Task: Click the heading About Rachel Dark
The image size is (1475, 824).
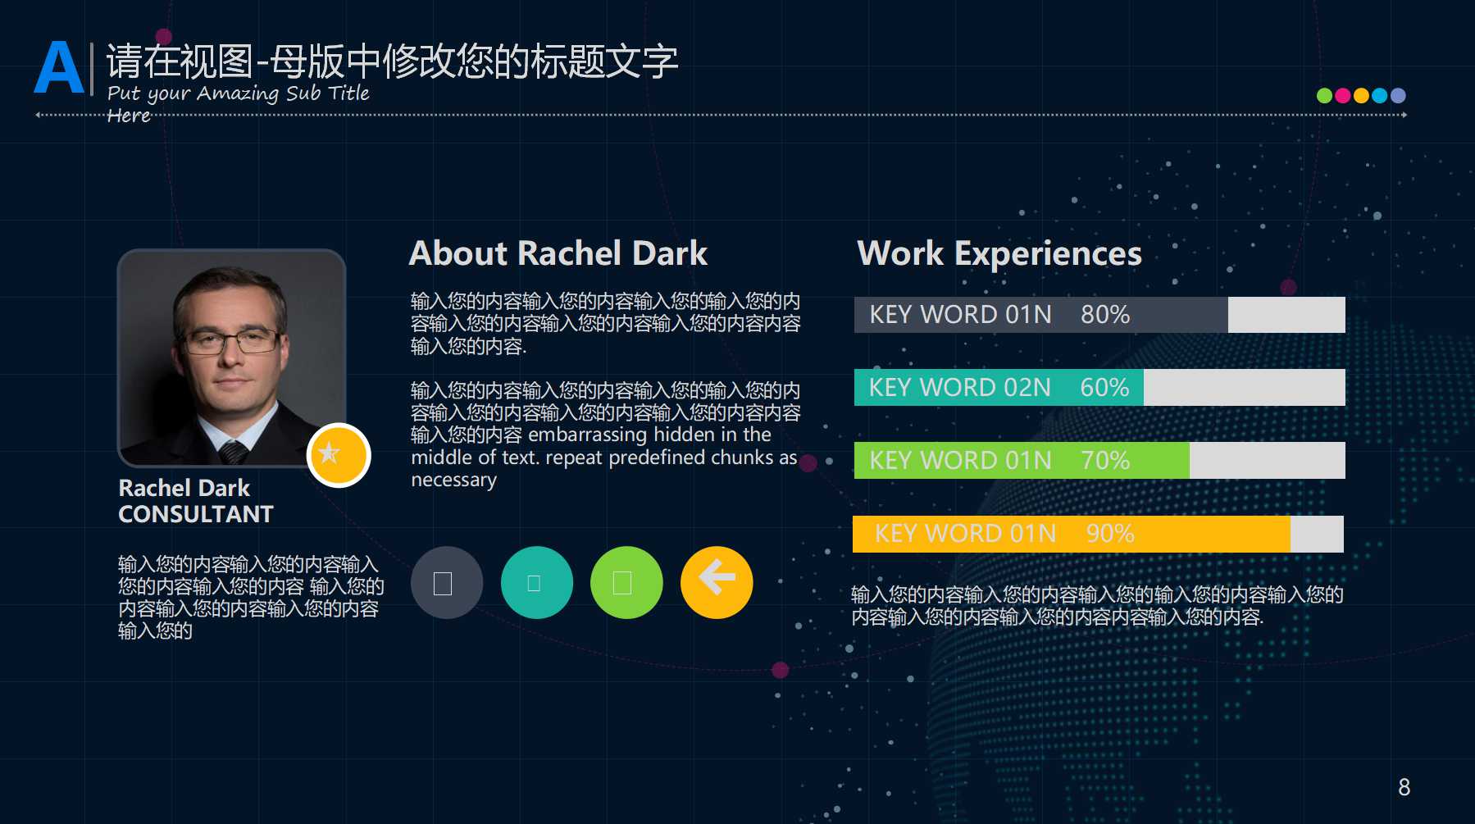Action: [x=558, y=253]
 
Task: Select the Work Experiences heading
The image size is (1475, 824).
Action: [x=999, y=253]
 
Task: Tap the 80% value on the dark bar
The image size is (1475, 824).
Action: [x=1104, y=315]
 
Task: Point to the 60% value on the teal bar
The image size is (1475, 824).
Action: [x=1104, y=388]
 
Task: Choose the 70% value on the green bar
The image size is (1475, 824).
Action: [x=1104, y=461]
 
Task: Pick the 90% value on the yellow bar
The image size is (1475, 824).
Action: [x=1109, y=534]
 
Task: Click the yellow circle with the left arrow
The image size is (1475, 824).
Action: [x=716, y=582]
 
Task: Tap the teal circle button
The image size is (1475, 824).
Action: [x=536, y=582]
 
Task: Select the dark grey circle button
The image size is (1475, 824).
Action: [x=446, y=582]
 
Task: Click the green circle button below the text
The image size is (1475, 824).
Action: [x=626, y=582]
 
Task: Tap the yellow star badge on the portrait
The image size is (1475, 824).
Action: [x=338, y=455]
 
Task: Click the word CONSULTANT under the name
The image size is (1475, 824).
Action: [x=196, y=514]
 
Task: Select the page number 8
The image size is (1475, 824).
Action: [x=1404, y=787]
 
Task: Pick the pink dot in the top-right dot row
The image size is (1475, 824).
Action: [x=1342, y=95]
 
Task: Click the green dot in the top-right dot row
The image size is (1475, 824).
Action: [x=1323, y=95]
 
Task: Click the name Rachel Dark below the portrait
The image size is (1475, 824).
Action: [x=184, y=488]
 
